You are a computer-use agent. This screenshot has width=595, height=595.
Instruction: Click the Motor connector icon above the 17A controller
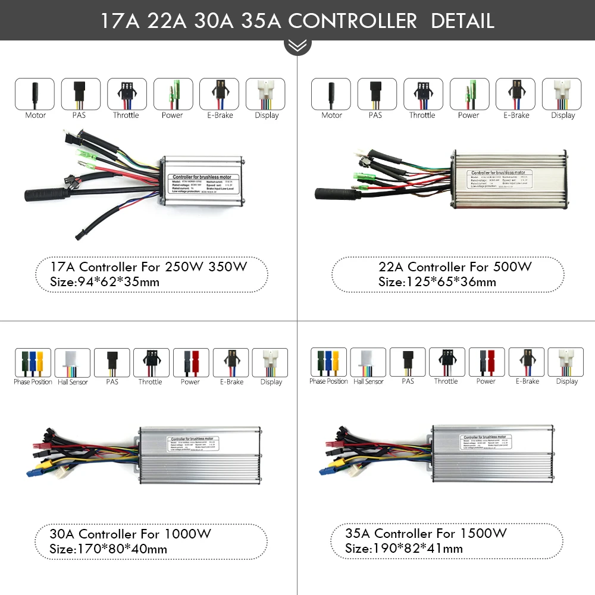point(35,94)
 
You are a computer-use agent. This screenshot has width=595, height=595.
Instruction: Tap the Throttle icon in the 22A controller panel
point(423,94)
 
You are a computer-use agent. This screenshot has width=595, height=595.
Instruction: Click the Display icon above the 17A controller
point(266,94)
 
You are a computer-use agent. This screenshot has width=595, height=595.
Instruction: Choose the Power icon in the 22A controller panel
point(469,94)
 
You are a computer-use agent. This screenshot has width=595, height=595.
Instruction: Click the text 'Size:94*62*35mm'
point(105,282)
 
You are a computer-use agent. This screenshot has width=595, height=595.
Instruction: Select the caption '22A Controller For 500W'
point(455,267)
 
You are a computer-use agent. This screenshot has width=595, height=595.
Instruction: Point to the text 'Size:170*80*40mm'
point(108,549)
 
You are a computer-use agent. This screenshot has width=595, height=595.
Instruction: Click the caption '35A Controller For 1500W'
point(426,533)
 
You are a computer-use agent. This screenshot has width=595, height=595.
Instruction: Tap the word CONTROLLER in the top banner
point(352,21)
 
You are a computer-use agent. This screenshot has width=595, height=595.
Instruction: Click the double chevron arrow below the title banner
point(297,46)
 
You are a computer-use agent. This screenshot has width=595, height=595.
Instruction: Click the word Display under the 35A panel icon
point(566,381)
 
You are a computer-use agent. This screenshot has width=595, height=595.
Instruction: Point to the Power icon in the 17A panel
point(173,94)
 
